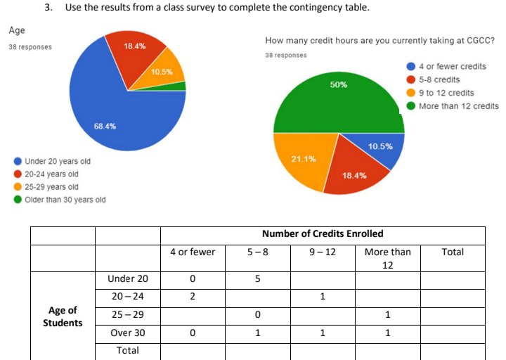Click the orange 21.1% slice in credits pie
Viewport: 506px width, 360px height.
point(302,158)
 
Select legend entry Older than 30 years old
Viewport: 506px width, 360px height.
point(65,200)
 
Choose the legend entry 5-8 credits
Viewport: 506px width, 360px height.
point(439,79)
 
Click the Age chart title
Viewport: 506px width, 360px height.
point(16,30)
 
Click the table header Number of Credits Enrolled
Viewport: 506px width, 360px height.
point(323,233)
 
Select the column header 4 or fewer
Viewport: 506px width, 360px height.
point(193,252)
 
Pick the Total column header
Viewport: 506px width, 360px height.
point(453,252)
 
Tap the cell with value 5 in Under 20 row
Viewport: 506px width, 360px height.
point(258,278)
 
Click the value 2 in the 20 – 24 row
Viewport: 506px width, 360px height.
point(193,297)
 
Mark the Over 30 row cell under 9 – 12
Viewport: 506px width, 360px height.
point(322,333)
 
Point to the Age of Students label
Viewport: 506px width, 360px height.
point(63,316)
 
